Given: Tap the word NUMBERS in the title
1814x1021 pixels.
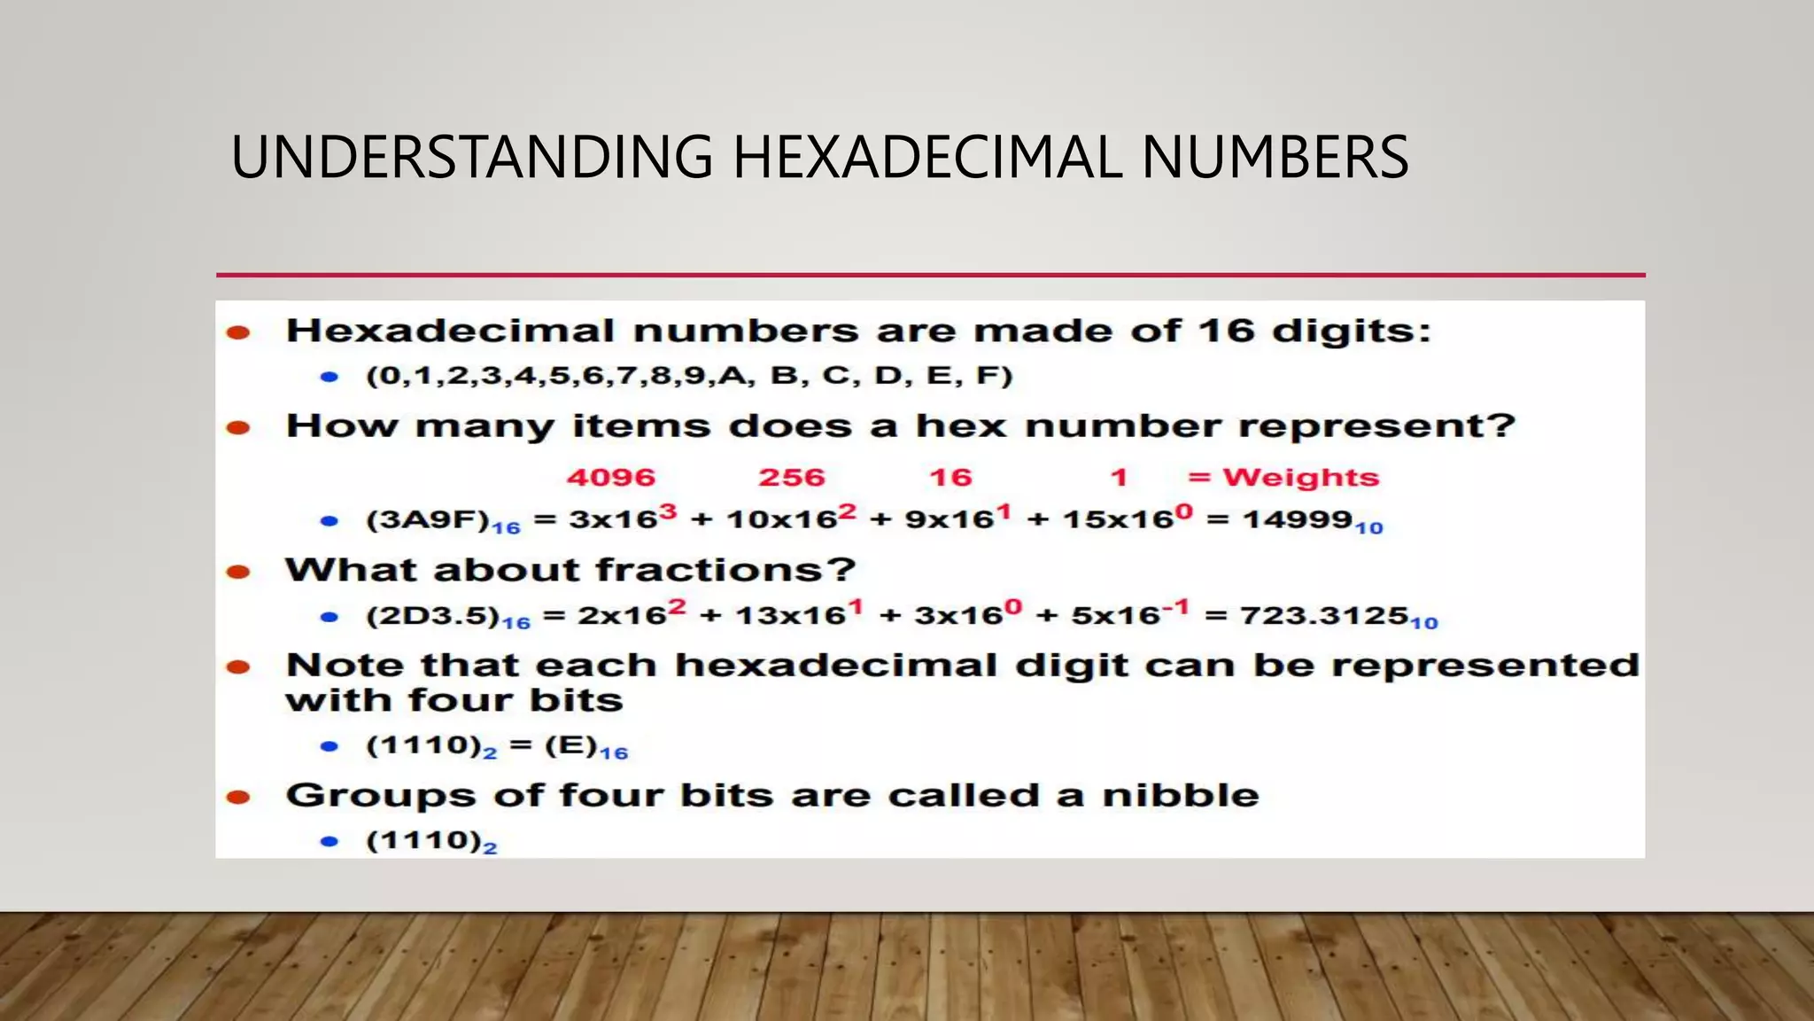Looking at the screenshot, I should (1275, 157).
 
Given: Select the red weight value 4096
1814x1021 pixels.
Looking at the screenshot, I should (611, 477).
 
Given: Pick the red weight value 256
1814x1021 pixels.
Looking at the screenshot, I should (791, 477).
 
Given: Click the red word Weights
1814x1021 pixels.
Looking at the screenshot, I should (1300, 477).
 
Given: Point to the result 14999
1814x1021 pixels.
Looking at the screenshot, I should (1297, 518).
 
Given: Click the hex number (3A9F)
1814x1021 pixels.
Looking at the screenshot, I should (428, 519).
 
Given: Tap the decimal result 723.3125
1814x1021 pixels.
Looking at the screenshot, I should (1323, 614).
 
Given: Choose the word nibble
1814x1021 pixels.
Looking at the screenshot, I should (1180, 795).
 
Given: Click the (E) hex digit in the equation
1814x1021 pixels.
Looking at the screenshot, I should (570, 745).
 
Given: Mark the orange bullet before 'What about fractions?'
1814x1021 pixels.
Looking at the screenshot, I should (238, 572).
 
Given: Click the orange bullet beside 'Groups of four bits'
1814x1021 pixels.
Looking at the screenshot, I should (238, 797).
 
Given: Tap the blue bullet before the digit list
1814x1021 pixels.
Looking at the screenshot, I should (329, 377).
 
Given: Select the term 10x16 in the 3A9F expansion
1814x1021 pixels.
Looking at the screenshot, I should (781, 519).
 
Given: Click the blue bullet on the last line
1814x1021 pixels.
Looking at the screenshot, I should (329, 841).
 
